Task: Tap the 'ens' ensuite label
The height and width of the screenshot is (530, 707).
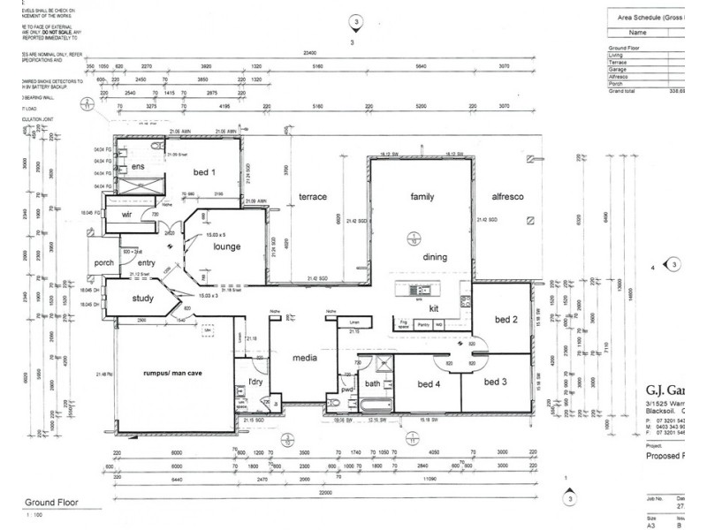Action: (138, 167)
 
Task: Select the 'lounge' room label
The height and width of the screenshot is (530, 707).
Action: (227, 247)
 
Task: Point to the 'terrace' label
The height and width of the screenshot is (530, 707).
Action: (313, 196)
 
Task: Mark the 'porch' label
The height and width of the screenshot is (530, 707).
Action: (105, 263)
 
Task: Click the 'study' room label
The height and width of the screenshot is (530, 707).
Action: (143, 298)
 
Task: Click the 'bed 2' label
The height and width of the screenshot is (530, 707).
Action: (505, 319)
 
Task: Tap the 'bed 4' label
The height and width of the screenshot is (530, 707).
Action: (430, 383)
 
